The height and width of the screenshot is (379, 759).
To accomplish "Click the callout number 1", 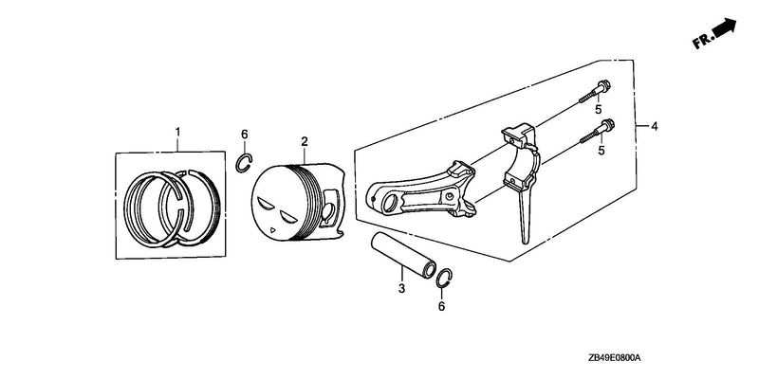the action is [177, 132].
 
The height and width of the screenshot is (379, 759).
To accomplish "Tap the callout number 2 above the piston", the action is [304, 141].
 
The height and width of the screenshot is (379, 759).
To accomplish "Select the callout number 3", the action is [401, 289].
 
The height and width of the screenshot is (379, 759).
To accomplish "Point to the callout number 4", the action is [654, 127].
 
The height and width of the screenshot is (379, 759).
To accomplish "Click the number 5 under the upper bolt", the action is [599, 109].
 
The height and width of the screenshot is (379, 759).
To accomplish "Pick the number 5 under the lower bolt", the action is [602, 151].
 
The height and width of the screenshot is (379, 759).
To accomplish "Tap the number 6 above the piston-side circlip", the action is [245, 134].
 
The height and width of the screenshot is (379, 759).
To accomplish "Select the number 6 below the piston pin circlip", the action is [441, 306].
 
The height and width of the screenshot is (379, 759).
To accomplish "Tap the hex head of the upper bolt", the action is [603, 86].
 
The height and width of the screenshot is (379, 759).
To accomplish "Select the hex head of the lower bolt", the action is [607, 125].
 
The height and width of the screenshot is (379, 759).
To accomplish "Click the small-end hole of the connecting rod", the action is [388, 204].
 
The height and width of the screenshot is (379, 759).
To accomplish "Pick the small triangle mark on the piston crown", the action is [274, 230].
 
